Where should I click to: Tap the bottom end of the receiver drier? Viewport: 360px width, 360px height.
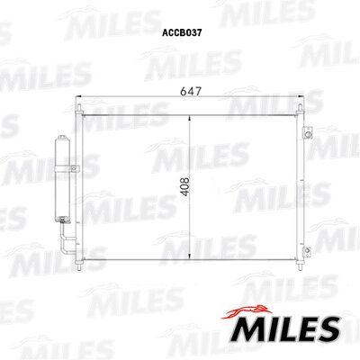coord(62,220)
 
